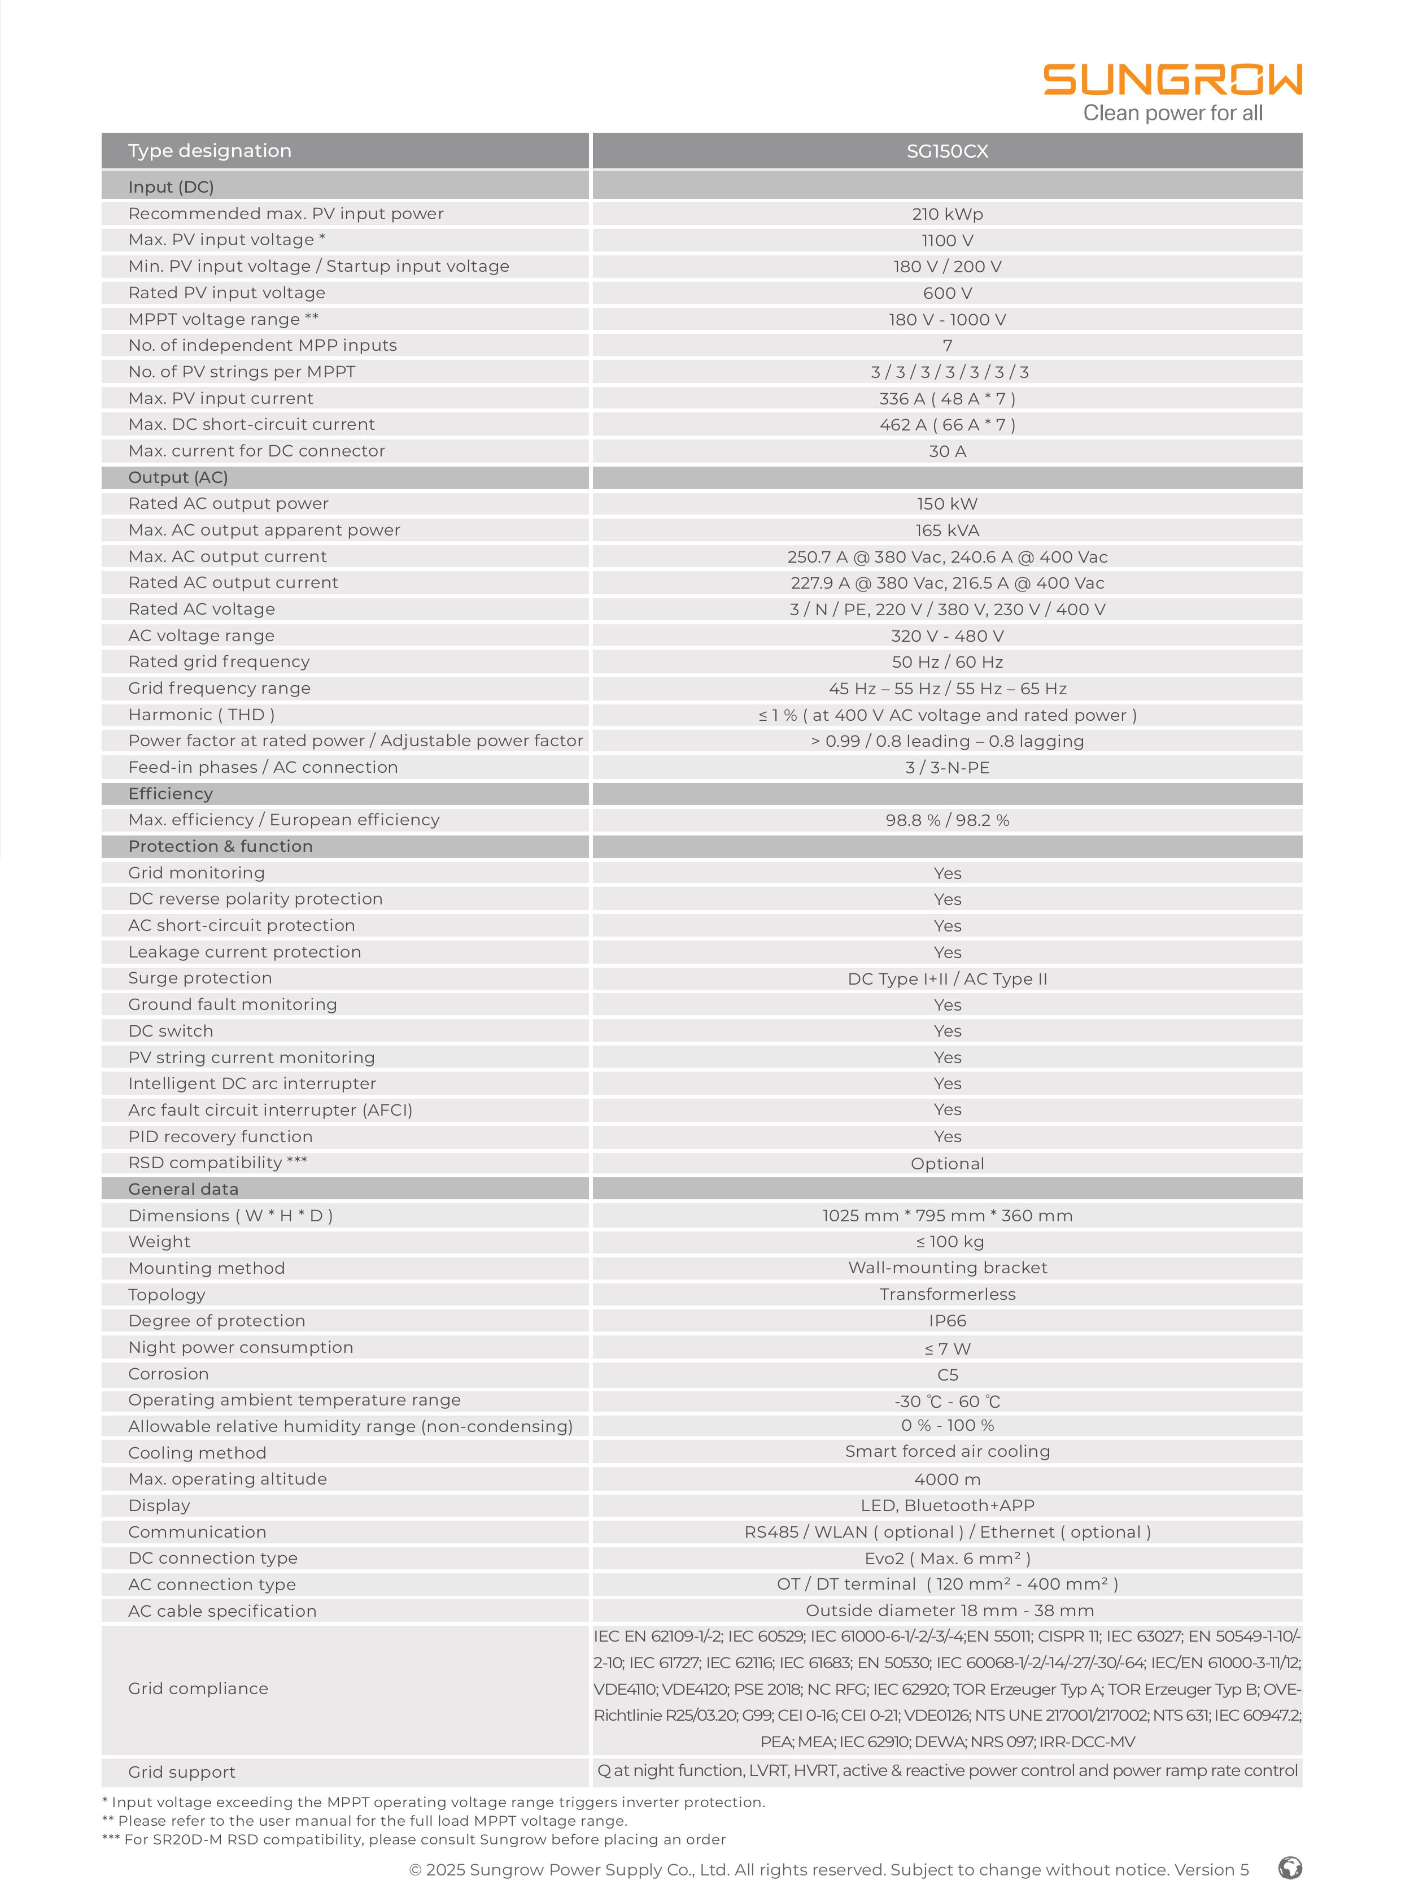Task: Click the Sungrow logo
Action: pyautogui.click(x=1172, y=81)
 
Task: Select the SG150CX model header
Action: pyautogui.click(x=948, y=151)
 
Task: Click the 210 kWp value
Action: pyautogui.click(x=948, y=214)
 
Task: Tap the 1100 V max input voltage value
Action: pyautogui.click(x=948, y=240)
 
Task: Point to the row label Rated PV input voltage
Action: pyautogui.click(x=226, y=293)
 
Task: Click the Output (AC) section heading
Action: pyautogui.click(x=178, y=478)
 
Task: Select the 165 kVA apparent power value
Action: pyautogui.click(x=948, y=530)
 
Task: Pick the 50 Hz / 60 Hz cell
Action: pyautogui.click(x=948, y=661)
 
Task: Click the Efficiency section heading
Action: pyautogui.click(x=171, y=793)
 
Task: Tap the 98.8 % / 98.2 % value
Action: pyautogui.click(x=948, y=820)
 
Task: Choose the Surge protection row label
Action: pyautogui.click(x=200, y=978)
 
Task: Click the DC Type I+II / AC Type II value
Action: pyautogui.click(x=948, y=979)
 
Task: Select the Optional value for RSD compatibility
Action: pyautogui.click(x=948, y=1163)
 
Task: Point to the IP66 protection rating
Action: pyautogui.click(x=948, y=1321)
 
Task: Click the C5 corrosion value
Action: pyautogui.click(x=948, y=1374)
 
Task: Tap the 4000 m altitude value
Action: pyautogui.click(x=948, y=1479)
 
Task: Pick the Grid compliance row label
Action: pyautogui.click(x=198, y=1688)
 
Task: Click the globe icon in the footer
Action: pyautogui.click(x=1290, y=1868)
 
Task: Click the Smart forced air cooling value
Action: pyautogui.click(x=948, y=1452)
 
